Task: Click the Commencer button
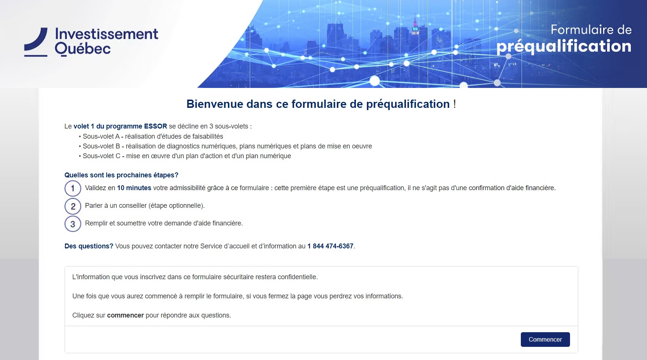(x=545, y=339)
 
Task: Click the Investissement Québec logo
(x=91, y=42)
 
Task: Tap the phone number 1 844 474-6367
(x=330, y=246)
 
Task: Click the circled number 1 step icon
(x=73, y=188)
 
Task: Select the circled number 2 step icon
(x=73, y=206)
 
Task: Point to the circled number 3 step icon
(x=73, y=224)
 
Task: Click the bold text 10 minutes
(x=134, y=188)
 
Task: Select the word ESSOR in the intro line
(x=155, y=126)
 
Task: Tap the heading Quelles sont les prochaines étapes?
(x=121, y=175)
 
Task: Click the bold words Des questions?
(x=89, y=246)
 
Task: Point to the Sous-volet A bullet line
(x=151, y=136)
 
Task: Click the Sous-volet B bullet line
(x=225, y=146)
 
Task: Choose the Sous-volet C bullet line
(x=185, y=156)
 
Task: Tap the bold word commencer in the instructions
(x=125, y=315)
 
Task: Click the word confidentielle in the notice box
(x=297, y=277)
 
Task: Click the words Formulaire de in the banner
(x=591, y=30)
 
